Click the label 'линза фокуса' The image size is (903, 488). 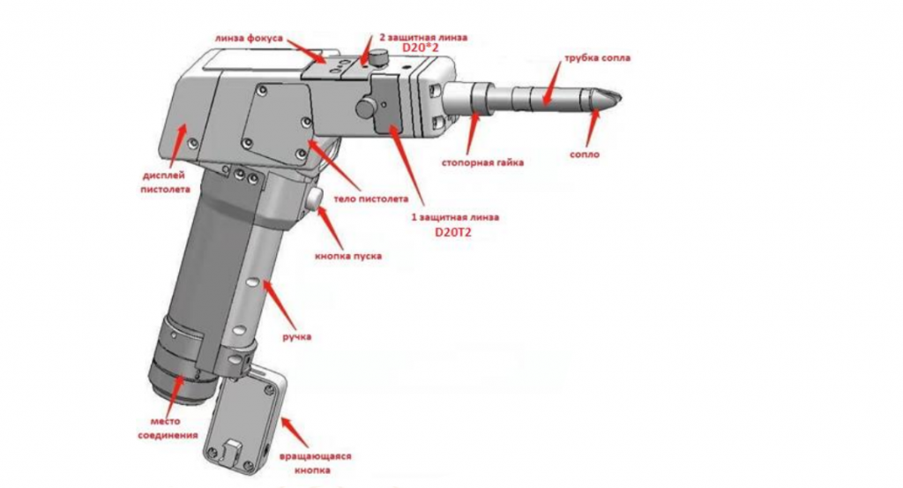[x=249, y=39]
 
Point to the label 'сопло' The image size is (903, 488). [x=585, y=154]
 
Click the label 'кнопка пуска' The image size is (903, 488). [x=348, y=256]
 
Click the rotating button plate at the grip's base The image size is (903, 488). [x=243, y=419]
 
